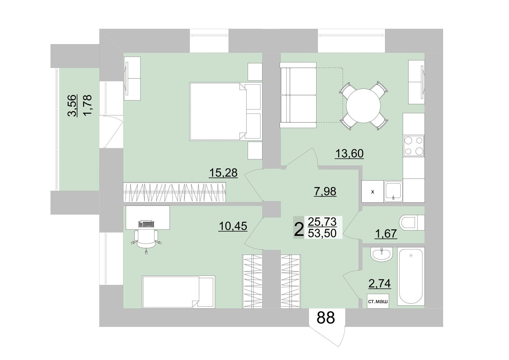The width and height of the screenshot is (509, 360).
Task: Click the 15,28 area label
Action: pos(223,173)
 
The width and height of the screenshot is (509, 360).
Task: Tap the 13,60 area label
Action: pos(349,153)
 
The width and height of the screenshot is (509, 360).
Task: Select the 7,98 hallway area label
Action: pos(325,192)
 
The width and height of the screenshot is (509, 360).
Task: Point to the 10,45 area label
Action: pos(233,226)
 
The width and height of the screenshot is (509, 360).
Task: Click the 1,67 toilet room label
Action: pos(386,233)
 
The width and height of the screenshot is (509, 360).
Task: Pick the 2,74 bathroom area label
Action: pos(380,284)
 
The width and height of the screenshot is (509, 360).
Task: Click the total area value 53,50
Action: pos(322,233)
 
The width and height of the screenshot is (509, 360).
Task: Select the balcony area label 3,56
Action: pos(73,105)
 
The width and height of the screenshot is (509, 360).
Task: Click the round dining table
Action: pos(364,106)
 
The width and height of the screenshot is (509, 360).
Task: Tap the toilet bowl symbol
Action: pos(412,223)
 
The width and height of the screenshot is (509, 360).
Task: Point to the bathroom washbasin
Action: pos(382,254)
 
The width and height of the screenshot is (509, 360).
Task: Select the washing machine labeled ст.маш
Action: pos(378,302)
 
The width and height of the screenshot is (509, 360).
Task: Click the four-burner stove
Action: pos(414,146)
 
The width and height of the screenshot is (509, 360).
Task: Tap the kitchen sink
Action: pos(393,191)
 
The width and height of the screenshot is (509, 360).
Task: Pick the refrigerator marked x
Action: pos(373,192)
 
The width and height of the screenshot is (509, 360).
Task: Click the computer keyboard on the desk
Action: pos(147,224)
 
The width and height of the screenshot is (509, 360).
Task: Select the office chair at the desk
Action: pos(146,239)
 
